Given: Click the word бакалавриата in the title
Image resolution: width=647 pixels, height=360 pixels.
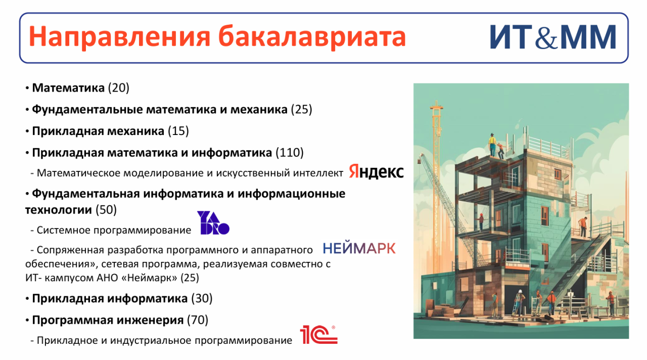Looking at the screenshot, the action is [312, 36].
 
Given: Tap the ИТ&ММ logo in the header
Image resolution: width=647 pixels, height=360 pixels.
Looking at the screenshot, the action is [553, 37].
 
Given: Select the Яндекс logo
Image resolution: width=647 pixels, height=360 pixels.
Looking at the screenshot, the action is [376, 171].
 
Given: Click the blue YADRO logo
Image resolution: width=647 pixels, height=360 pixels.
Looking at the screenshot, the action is [213, 222].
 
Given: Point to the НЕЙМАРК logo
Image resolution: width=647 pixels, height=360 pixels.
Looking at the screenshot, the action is [359, 248].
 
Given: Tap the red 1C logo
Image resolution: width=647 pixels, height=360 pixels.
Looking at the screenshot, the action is [318, 334].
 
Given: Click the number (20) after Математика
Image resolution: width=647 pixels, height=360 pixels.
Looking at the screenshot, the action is [119, 88].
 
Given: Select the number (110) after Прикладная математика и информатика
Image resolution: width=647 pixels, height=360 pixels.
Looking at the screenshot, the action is [290, 153].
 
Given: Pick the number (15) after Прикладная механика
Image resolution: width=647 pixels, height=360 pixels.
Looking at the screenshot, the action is [178, 131].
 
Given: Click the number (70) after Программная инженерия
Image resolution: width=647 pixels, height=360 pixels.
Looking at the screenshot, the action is [198, 320].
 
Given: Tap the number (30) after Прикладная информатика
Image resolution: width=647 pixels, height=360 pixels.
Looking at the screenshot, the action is [202, 298].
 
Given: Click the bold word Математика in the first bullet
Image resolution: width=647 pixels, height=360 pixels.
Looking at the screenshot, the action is [68, 88].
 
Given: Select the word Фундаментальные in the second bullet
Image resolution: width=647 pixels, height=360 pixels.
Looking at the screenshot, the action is [87, 110].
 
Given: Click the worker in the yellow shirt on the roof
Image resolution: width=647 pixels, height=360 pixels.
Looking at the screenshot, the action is [492, 145].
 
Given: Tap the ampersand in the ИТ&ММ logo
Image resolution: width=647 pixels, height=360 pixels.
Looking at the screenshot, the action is [546, 39].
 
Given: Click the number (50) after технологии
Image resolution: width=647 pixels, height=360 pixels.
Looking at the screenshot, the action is [106, 210].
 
